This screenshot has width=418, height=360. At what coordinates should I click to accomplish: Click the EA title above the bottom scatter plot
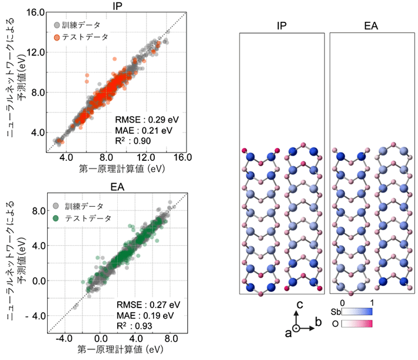click(118, 188)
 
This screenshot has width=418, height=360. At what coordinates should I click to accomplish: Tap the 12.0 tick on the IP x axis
click(145, 158)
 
